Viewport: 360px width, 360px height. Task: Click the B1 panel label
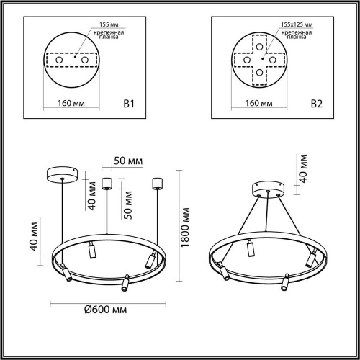click(x=130, y=104)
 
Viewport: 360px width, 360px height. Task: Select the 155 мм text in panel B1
click(x=95, y=24)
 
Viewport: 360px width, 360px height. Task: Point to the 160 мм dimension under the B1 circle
click(x=73, y=104)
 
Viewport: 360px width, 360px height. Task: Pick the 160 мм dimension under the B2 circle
click(x=259, y=104)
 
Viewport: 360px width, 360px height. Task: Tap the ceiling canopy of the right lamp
click(x=266, y=189)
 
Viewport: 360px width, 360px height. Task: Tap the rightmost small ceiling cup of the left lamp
click(x=156, y=183)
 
